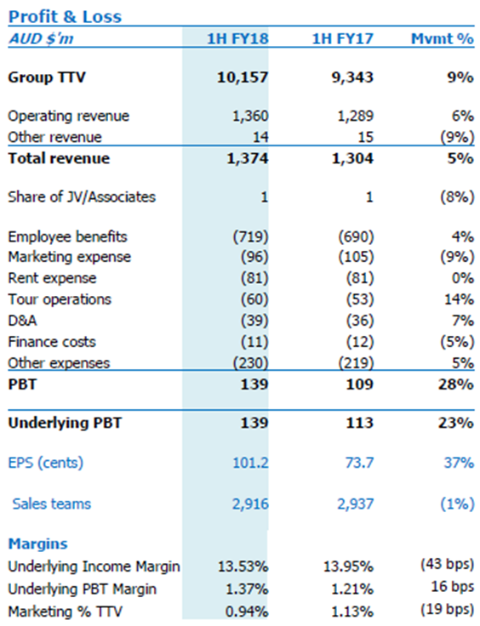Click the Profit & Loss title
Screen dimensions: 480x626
tap(65, 17)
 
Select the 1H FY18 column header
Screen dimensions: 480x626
tap(237, 39)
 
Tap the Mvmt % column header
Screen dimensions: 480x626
tap(443, 39)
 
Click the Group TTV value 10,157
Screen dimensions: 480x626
tap(243, 77)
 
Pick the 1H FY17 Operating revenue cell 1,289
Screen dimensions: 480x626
tap(356, 116)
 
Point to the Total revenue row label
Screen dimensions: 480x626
tap(59, 158)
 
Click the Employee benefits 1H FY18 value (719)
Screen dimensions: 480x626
tap(251, 236)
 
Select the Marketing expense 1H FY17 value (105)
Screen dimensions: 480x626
tap(357, 257)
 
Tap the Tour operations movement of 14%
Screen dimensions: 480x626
tap(460, 299)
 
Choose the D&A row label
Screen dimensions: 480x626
tap(22, 321)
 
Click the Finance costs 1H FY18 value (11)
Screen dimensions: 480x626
tap(254, 342)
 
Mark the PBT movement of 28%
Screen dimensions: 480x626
tap(456, 384)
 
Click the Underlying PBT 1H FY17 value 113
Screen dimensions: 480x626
tap(360, 423)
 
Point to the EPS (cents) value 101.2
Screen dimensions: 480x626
tap(250, 463)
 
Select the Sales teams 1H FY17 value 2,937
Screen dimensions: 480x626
tap(356, 504)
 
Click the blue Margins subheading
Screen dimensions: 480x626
tap(38, 543)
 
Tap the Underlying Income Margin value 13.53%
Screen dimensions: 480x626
tap(243, 566)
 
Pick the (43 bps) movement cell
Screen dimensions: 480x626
tap(448, 564)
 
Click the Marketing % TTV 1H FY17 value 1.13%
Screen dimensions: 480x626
tap(349, 612)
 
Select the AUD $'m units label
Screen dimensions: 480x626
tap(41, 39)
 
